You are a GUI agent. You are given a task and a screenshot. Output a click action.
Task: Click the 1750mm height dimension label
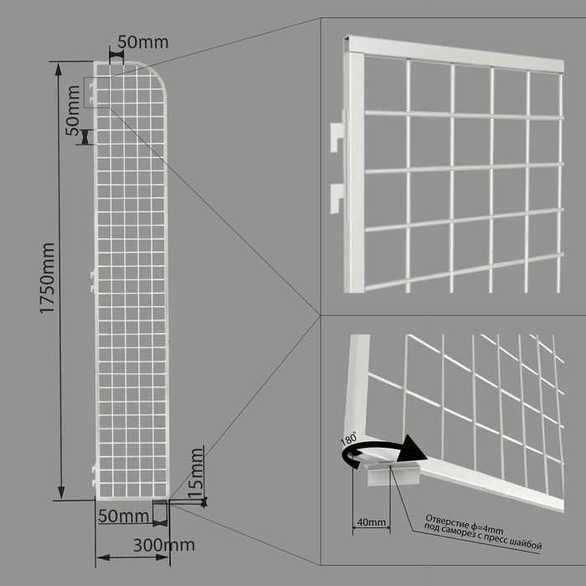48,279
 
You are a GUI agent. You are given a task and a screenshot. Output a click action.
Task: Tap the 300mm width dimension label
164,545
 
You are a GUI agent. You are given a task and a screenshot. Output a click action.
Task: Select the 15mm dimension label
196,472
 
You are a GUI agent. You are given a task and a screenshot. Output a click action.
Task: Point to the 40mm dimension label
371,522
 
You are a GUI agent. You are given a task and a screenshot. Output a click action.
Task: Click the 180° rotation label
349,438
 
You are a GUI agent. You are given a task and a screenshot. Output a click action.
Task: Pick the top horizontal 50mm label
143,42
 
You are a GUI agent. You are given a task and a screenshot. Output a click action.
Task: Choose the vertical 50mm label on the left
74,111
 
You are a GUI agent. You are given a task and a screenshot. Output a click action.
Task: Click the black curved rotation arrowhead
412,450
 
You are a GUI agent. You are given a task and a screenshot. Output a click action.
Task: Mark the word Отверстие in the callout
446,520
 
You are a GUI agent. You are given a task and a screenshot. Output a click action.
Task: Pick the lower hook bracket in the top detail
337,198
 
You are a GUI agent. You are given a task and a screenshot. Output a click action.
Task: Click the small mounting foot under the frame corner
393,474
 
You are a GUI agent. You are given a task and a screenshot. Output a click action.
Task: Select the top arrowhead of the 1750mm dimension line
59,69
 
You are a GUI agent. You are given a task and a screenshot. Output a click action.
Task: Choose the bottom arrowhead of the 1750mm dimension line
61,492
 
